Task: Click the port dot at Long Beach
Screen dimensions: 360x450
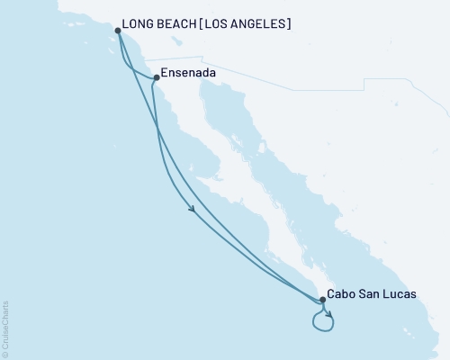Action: [x=118, y=31]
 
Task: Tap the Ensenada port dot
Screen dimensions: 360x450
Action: [x=156, y=77]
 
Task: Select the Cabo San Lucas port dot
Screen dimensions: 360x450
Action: [x=322, y=299]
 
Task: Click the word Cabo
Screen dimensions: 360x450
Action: [x=343, y=293]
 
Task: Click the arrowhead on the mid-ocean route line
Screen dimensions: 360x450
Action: [x=193, y=211]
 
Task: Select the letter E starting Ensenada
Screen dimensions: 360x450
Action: [x=165, y=76]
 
